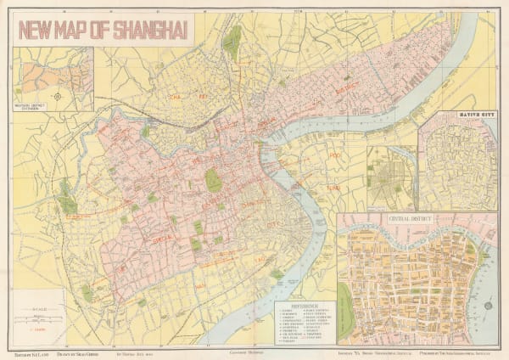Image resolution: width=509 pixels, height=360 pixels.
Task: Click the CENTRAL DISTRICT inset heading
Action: tap(411, 219)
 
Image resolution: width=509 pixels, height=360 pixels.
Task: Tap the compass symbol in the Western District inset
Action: tap(57, 95)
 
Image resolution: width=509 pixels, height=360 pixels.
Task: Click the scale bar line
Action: tap(40, 318)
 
